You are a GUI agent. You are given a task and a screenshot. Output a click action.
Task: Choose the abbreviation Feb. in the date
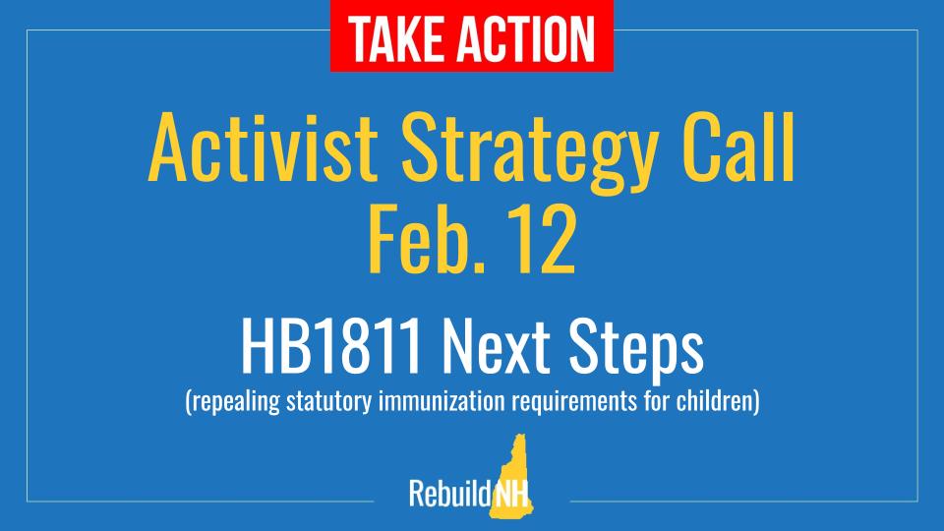[x=412, y=243]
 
